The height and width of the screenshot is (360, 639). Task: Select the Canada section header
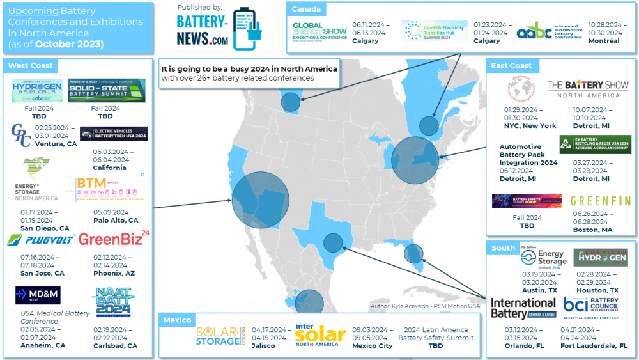pyautogui.click(x=306, y=9)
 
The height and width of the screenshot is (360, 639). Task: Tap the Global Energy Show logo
pyautogui.click(x=319, y=31)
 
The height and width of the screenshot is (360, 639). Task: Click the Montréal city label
pyautogui.click(x=604, y=41)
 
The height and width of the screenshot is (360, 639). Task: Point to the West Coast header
pyautogui.click(x=30, y=65)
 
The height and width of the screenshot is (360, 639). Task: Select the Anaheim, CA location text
pyautogui.click(x=43, y=345)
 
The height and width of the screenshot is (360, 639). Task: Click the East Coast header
pyautogui.click(x=512, y=65)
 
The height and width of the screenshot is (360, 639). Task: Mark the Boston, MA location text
pyautogui.click(x=592, y=230)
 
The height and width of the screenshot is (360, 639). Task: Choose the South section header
pyautogui.click(x=503, y=247)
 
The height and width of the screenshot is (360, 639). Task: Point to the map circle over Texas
pyautogui.click(x=332, y=243)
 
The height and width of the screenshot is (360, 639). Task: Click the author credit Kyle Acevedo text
pyautogui.click(x=424, y=306)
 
